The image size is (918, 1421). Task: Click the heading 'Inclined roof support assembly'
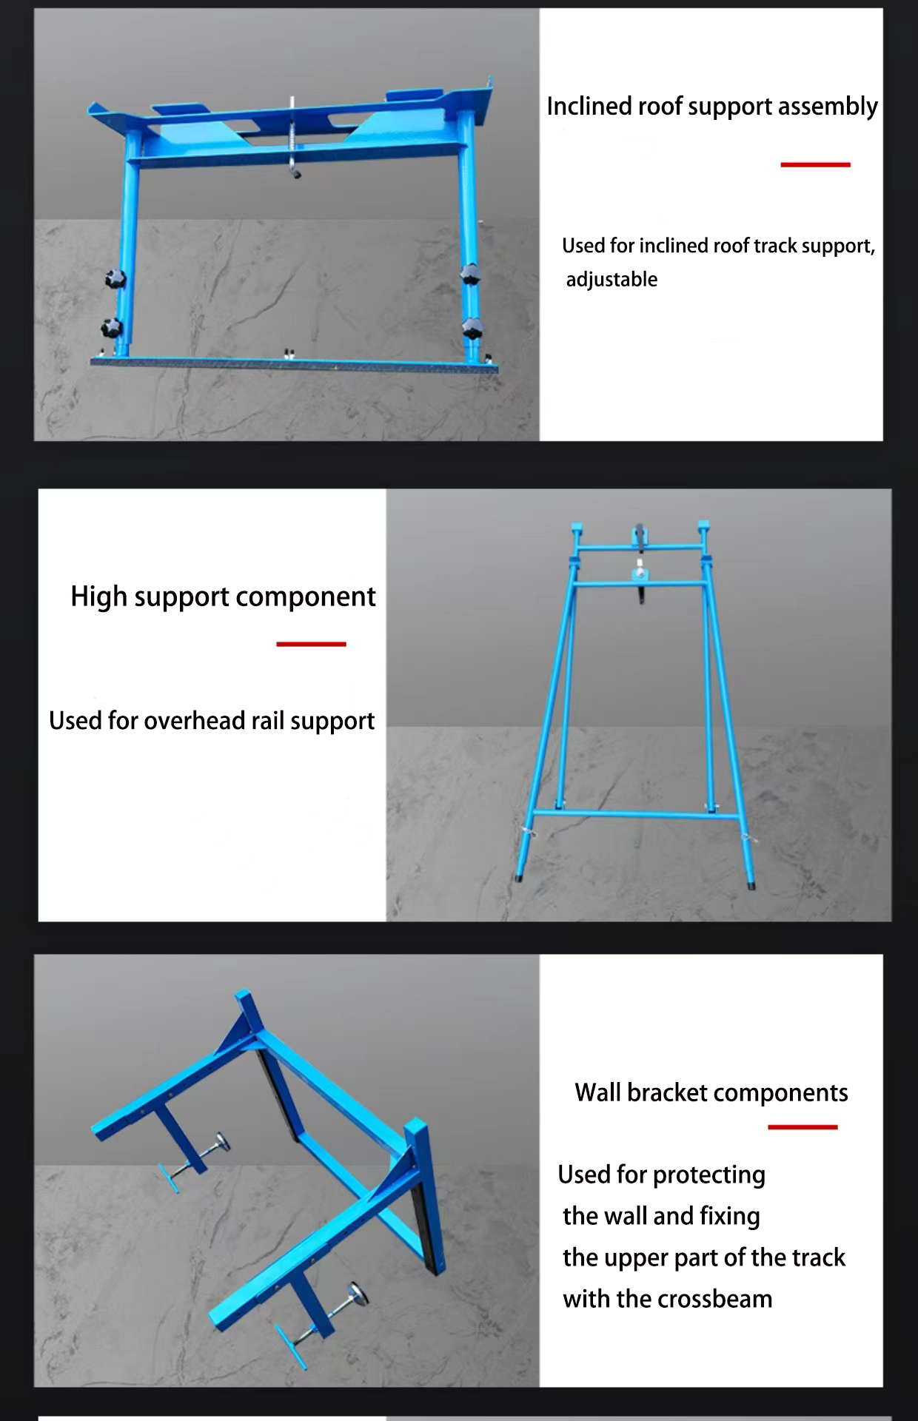pos(712,107)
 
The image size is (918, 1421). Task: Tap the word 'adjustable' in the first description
pos(612,280)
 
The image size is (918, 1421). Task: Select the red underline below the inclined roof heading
pos(815,164)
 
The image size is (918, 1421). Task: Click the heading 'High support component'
pos(223,597)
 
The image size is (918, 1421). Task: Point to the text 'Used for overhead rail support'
pos(212,721)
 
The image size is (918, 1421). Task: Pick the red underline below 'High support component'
pos(311,644)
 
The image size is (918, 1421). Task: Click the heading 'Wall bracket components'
pos(711,1092)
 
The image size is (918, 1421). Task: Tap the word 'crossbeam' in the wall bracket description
pos(714,1299)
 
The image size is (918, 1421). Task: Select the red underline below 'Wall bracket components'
pos(803,1127)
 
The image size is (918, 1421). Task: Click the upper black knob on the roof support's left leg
pos(115,280)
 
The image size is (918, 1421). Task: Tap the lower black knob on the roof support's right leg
pos(472,328)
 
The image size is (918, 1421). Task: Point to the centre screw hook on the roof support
pos(294,141)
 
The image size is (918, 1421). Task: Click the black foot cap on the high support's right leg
pos(751,884)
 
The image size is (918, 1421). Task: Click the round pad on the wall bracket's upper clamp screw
pos(221,1143)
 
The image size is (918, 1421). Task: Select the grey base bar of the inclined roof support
pos(294,363)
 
